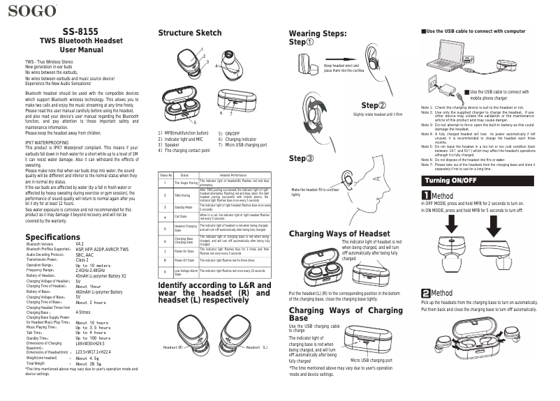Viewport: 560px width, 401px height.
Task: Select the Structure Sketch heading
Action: click(190, 33)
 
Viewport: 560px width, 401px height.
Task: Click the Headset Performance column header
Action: click(237, 174)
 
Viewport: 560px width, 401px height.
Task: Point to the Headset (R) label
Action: click(173, 347)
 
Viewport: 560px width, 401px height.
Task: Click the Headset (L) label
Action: click(256, 347)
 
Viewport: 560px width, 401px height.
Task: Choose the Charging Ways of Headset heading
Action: click(339, 233)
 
